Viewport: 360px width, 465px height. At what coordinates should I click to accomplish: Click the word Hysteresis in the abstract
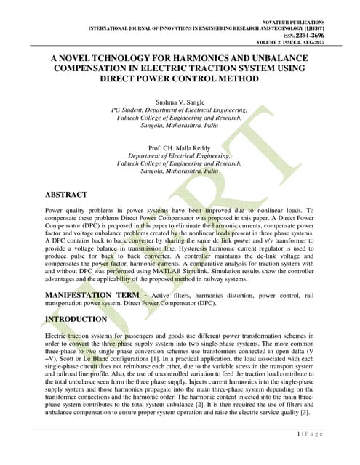pos(220,247)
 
